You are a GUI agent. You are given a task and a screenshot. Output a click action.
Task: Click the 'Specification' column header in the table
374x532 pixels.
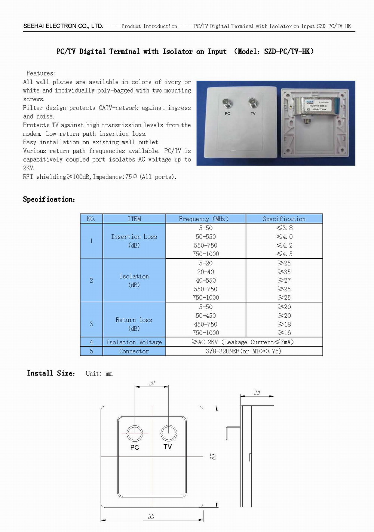click(x=284, y=219)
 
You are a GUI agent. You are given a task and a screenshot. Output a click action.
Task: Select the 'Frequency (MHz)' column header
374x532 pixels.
click(x=205, y=219)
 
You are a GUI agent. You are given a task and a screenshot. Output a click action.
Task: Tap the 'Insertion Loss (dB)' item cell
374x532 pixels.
click(x=134, y=241)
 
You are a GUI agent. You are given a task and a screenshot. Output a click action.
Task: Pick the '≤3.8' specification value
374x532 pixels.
click(x=284, y=228)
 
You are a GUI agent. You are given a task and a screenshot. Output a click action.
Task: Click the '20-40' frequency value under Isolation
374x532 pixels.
click(x=206, y=272)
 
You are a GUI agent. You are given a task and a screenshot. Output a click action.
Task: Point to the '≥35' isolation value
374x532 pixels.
click(x=284, y=272)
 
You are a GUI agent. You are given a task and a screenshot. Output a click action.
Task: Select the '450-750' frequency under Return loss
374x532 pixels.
click(x=206, y=324)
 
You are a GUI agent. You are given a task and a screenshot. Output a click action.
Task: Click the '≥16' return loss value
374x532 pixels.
click(x=284, y=333)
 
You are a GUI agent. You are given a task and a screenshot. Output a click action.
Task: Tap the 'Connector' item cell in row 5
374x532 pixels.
click(x=134, y=351)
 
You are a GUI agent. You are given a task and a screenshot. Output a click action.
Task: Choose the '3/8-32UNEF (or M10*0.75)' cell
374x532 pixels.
click(x=243, y=351)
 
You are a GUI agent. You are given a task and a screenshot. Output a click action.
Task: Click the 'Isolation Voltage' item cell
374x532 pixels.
click(x=134, y=342)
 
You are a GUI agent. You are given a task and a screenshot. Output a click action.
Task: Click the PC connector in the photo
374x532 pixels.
click(x=227, y=103)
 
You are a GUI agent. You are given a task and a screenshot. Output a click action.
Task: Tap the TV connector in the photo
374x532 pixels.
click(x=253, y=102)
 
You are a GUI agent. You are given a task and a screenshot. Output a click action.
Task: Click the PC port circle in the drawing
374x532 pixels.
click(x=135, y=433)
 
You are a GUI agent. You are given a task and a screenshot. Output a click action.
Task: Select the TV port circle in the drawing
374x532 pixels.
click(x=169, y=433)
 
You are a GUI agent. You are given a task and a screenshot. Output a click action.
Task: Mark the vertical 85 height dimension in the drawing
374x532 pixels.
click(x=213, y=456)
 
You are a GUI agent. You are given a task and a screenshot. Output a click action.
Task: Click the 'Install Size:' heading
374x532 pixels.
click(x=51, y=373)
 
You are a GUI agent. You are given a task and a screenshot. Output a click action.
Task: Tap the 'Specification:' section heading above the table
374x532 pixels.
click(x=49, y=199)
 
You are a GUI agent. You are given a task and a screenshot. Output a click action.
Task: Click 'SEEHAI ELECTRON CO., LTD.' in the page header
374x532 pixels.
click(x=63, y=26)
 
